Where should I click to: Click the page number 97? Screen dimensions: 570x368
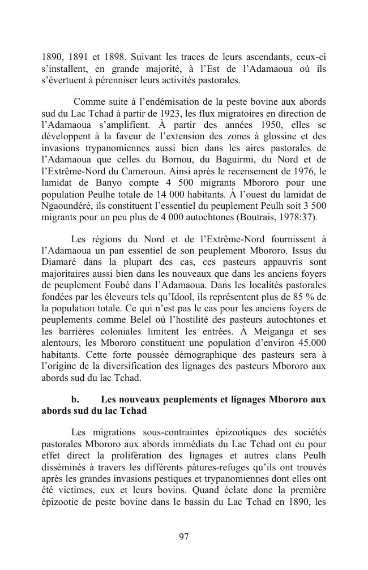coord(183,537)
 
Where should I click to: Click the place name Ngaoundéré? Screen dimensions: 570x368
coord(67,206)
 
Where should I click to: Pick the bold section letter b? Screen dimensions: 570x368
coord(75,400)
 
